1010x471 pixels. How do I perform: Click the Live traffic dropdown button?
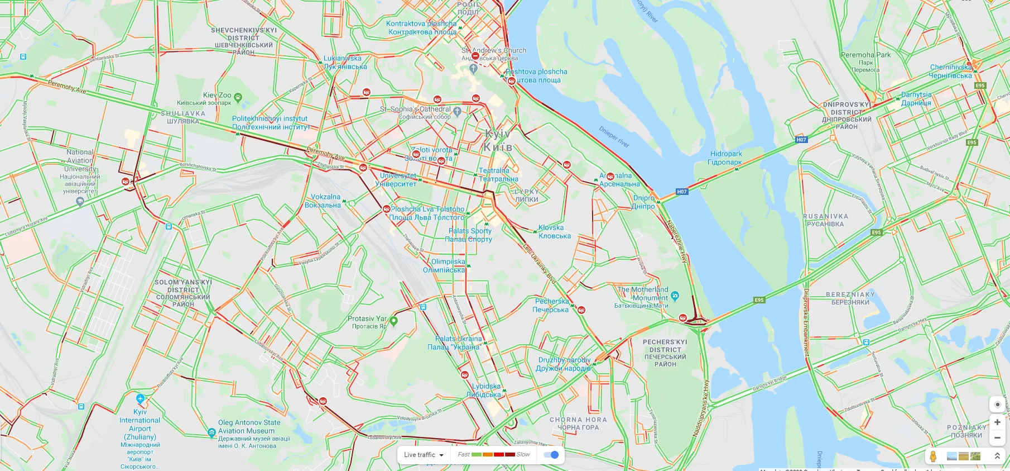(424, 455)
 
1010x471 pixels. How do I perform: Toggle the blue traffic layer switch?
(551, 455)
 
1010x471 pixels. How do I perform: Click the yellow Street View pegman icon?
(933, 456)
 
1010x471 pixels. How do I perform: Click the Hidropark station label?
(725, 158)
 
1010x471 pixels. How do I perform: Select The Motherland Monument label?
(642, 294)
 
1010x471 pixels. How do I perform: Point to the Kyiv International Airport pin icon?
(140, 399)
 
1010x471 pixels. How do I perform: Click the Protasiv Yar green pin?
(393, 321)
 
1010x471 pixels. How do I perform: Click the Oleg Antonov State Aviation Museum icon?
(211, 432)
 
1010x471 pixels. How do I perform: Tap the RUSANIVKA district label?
(825, 220)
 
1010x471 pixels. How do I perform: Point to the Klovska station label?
(553, 232)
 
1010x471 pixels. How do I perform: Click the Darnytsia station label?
(916, 99)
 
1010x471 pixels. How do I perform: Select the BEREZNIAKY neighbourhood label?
(850, 298)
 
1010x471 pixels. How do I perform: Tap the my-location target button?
(997, 405)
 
